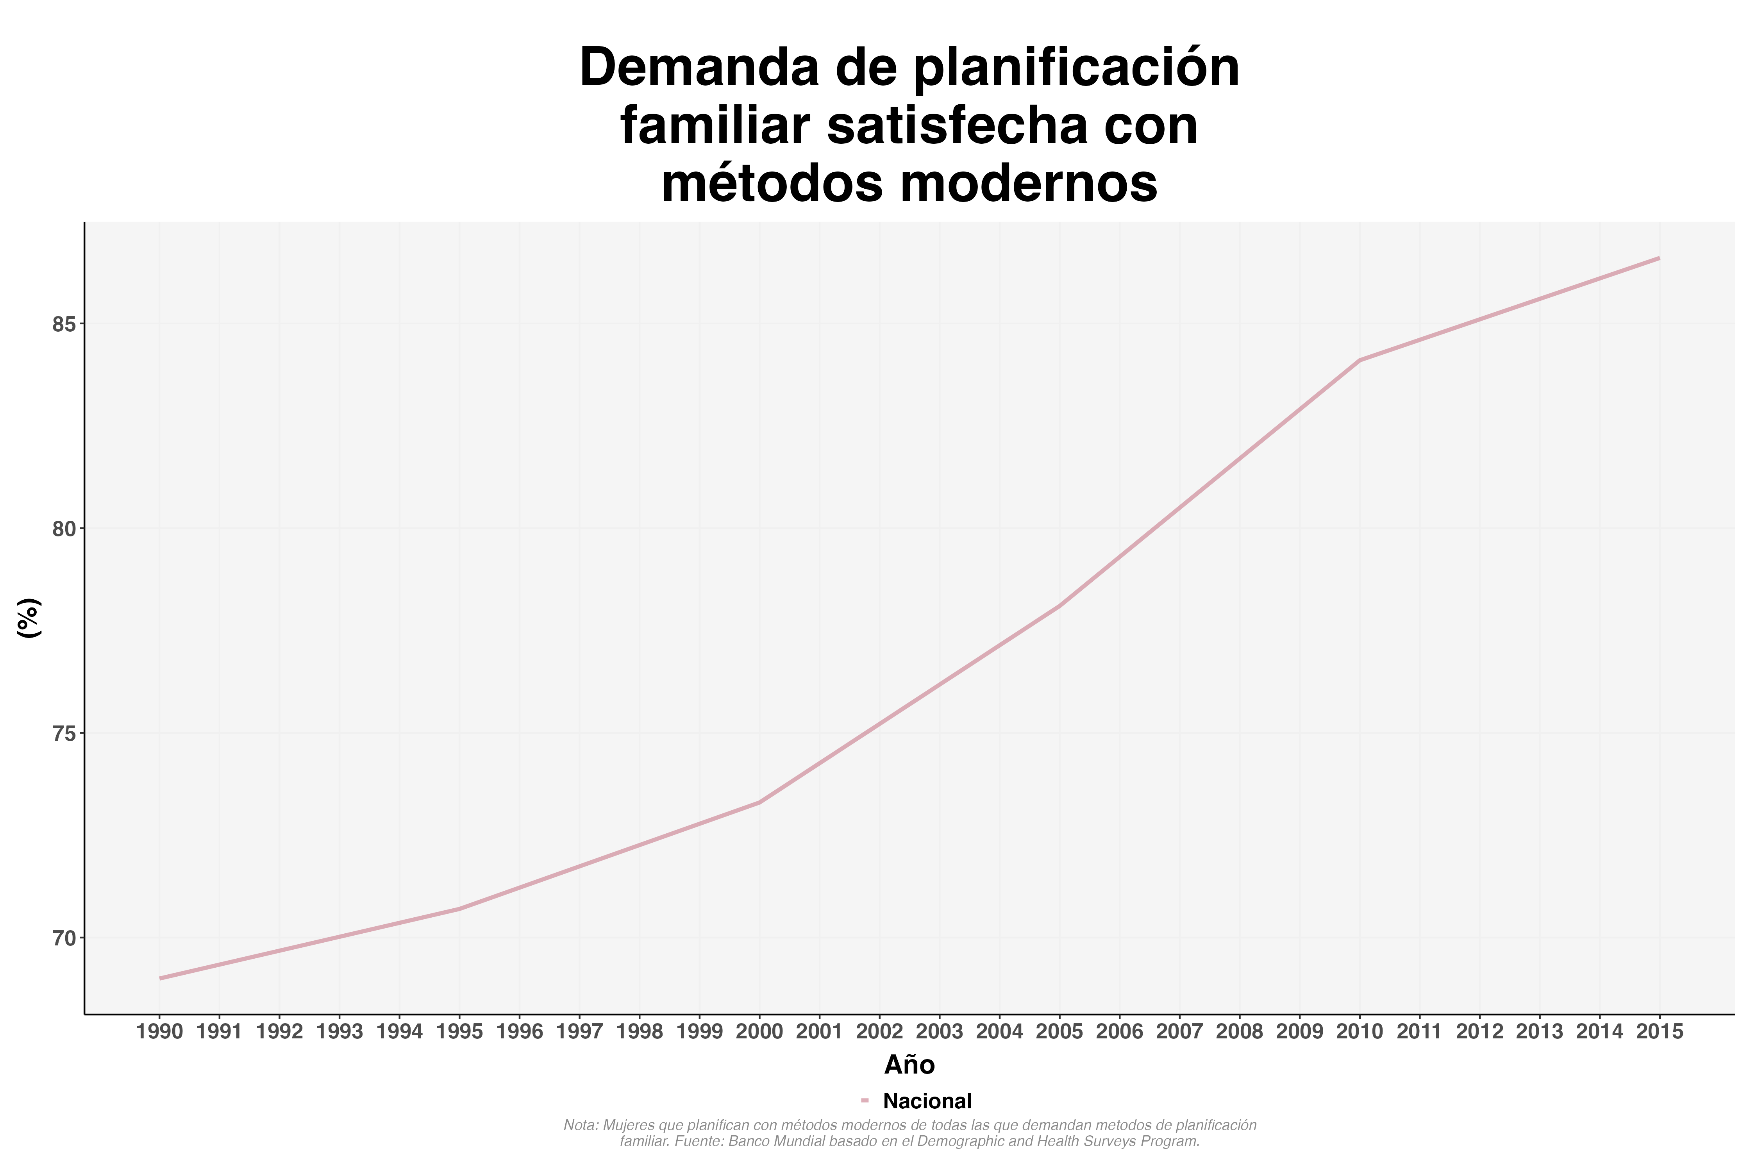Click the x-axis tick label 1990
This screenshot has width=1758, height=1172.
[x=160, y=1032]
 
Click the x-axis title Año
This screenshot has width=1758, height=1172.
[x=909, y=1065]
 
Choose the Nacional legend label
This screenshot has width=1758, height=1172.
[x=927, y=1101]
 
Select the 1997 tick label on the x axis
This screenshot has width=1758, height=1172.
[x=579, y=1032]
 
